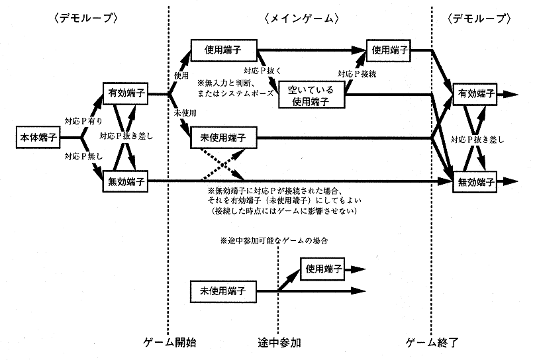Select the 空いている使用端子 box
311,95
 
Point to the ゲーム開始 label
170,343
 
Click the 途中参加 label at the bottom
279,343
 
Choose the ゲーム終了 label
432,343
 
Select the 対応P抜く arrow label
263,69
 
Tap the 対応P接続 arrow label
357,73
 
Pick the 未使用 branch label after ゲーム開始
184,113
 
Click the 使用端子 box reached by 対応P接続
389,50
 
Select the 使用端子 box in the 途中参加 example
323,268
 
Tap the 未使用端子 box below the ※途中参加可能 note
223,290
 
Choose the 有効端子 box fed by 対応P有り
124,94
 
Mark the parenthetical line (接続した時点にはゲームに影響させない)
285,211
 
